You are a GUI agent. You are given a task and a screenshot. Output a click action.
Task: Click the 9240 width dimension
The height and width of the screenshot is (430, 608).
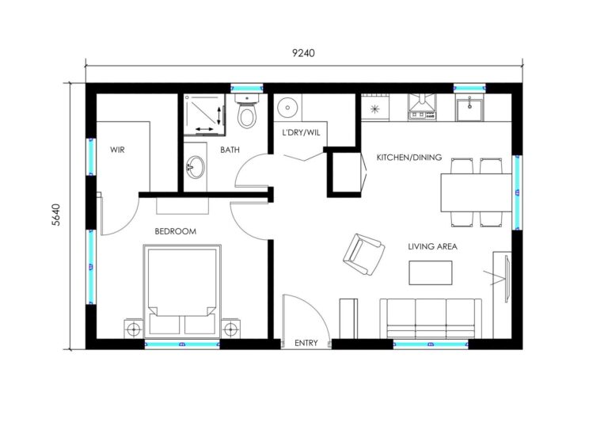(x=303, y=54)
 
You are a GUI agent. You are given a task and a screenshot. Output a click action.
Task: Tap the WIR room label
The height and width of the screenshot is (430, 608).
(x=118, y=149)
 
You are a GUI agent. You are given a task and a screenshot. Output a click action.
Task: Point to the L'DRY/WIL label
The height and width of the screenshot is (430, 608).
(x=302, y=132)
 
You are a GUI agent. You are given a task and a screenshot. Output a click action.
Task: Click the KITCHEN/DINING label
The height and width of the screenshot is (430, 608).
(x=408, y=157)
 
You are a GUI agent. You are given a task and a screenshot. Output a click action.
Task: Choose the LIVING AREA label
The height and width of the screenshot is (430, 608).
(x=432, y=246)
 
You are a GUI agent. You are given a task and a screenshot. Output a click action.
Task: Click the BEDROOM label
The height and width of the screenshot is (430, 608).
(x=175, y=231)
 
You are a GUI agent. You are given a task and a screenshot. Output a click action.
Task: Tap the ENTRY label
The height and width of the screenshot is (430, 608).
(x=306, y=344)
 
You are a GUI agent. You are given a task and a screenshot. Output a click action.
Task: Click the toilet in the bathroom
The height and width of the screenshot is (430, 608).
(x=248, y=115)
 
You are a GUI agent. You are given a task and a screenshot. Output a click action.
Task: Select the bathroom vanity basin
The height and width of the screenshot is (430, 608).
(x=194, y=168)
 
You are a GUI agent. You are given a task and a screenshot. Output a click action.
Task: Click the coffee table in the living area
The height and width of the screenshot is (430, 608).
(x=431, y=272)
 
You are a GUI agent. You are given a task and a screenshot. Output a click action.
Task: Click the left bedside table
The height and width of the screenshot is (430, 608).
(x=133, y=328)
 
